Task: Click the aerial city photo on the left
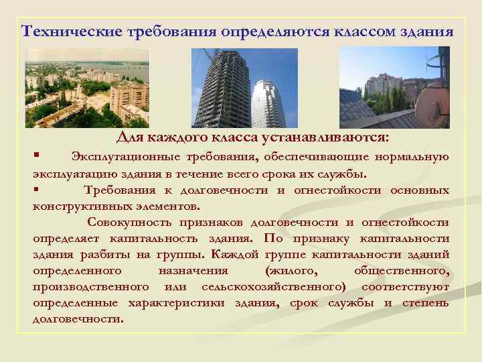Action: pos(87,88)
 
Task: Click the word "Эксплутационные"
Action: pos(125,157)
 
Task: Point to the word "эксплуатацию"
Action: pos(73,174)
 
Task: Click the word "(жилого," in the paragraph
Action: pos(289,271)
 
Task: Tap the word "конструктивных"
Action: pos(80,206)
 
